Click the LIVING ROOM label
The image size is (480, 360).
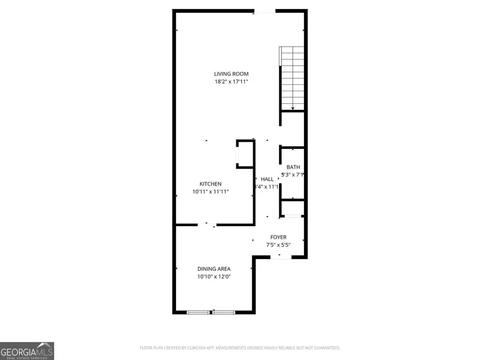point(231,74)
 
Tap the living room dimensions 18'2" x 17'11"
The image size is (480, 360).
point(231,82)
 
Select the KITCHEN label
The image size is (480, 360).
point(211,184)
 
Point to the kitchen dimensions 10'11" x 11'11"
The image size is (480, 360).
point(211,191)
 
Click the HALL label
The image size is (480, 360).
point(267,179)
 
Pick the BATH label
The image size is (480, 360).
point(293,167)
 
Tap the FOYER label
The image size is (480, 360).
point(278,237)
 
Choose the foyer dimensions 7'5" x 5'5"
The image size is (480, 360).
point(278,245)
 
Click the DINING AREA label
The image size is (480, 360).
point(214,269)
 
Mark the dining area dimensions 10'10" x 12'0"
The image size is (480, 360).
point(214,276)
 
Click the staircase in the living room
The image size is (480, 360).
point(292,77)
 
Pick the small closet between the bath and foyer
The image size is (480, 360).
point(293,207)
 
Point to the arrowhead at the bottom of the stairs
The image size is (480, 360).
point(292,108)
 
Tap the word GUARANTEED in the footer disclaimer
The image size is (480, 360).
point(325,348)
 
